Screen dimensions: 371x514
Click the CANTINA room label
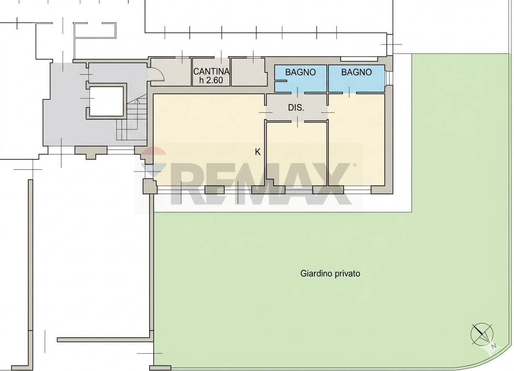pos(211,71)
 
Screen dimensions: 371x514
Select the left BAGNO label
pos(300,72)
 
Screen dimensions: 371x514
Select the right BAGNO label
pos(356,72)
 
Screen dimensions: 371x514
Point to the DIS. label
pos(296,108)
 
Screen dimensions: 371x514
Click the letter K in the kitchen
pos(257,152)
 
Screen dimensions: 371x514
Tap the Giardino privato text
pos(330,273)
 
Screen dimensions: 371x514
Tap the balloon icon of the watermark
pos(153,163)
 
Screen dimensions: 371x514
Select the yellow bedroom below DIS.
pos(296,152)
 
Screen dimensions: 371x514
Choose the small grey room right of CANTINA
pos(248,72)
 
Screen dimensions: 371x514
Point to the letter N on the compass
pos(494,346)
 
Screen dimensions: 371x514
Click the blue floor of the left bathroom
pos(300,82)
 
